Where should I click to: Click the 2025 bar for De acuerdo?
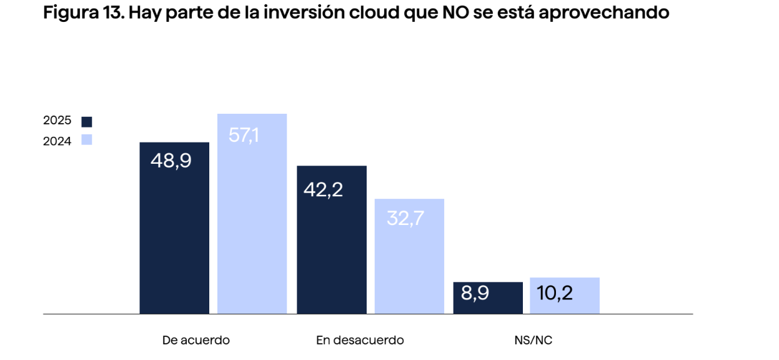coord(174,237)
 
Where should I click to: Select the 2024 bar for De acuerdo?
coord(252,225)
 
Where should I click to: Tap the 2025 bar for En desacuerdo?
coord(332,250)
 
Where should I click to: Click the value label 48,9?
coord(171,161)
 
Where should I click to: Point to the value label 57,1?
coord(244,135)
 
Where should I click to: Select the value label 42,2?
coord(323,190)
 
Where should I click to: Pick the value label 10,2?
coord(555,292)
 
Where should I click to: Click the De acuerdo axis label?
coord(196,340)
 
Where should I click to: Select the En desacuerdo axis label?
coord(360,340)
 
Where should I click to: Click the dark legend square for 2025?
coord(87,122)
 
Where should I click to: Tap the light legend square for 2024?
coord(87,140)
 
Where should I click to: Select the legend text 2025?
coord(57,121)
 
